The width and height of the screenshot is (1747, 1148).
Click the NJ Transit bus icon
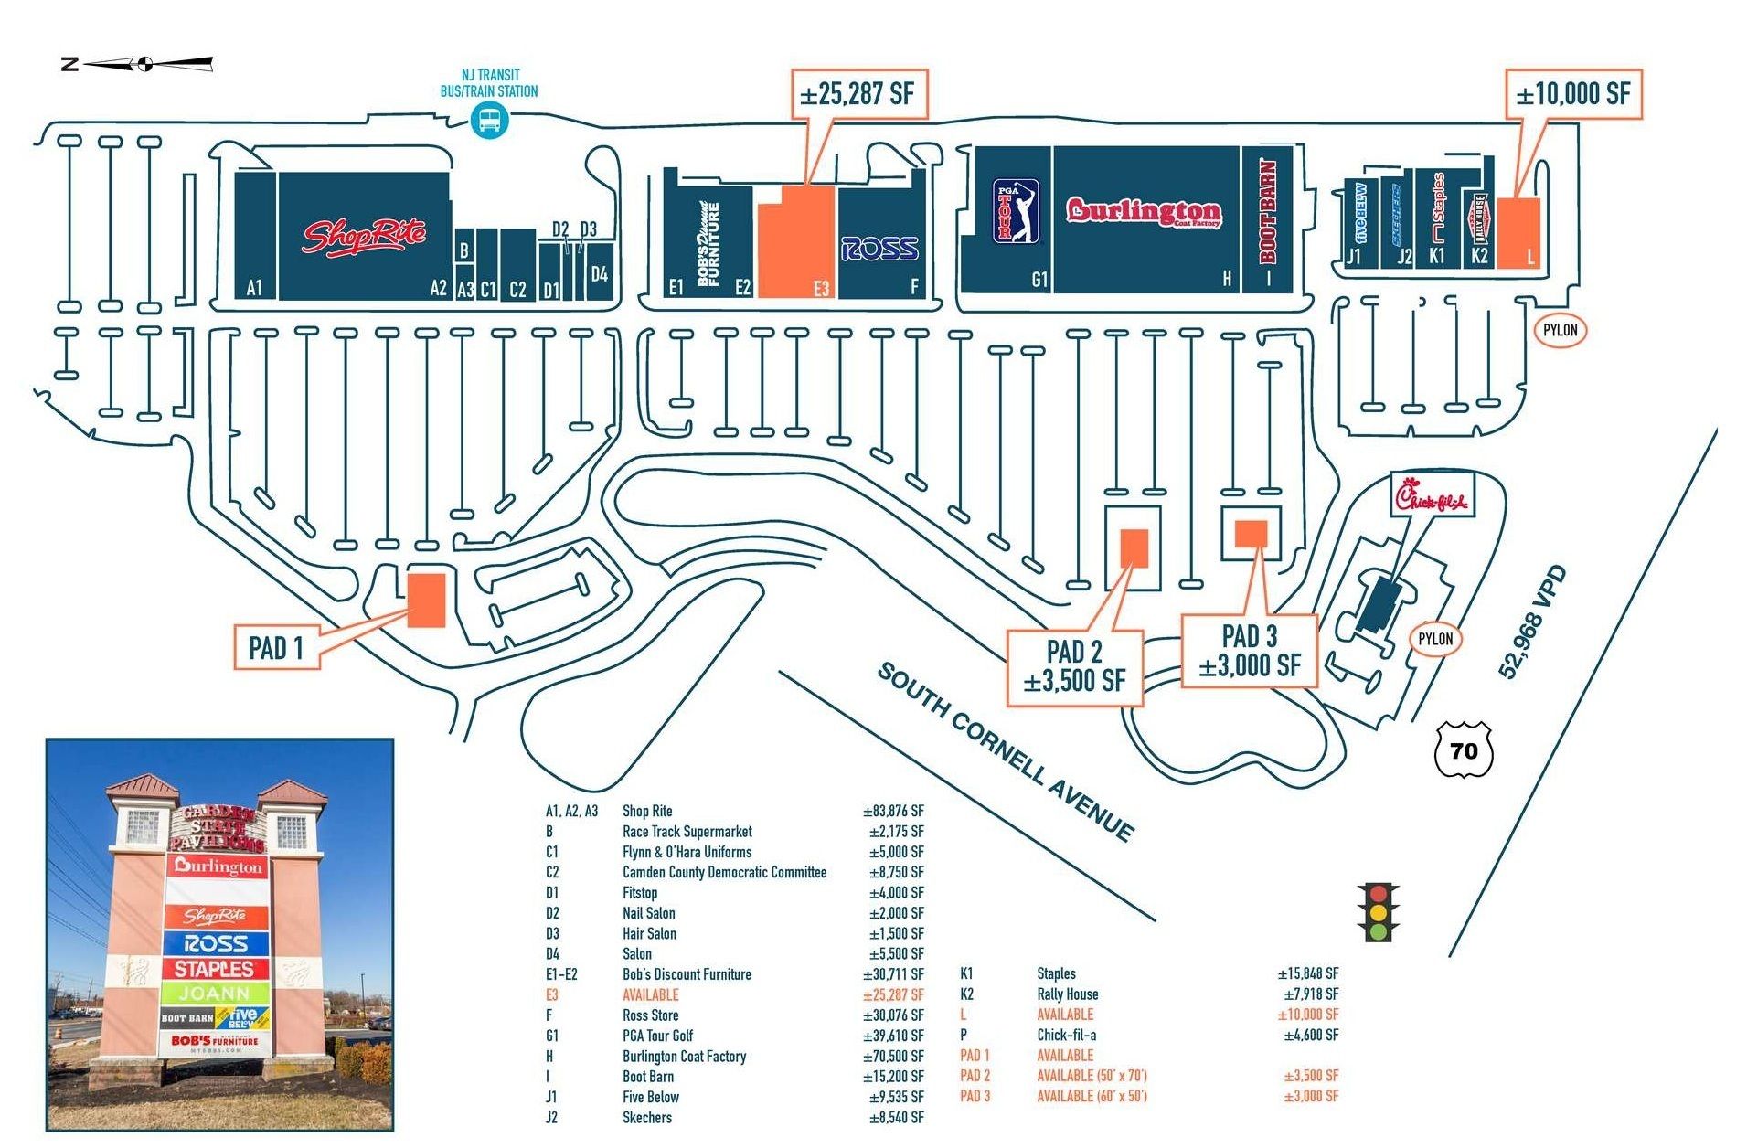[x=489, y=120]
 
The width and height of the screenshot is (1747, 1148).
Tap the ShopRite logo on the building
[x=364, y=235]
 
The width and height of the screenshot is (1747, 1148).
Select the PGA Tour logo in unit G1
[x=1017, y=210]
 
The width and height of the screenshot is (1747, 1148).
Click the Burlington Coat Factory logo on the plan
[x=1143, y=212]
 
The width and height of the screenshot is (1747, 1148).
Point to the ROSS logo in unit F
[x=879, y=248]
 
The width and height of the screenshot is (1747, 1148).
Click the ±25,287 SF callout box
[x=858, y=93]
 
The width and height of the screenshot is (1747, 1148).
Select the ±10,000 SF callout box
[x=1572, y=93]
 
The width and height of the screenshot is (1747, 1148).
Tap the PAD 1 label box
[x=276, y=647]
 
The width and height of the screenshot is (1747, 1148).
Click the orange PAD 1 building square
[x=426, y=600]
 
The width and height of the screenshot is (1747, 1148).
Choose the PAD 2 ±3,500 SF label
[x=1074, y=666]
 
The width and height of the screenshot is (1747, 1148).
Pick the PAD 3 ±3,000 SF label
[x=1249, y=650]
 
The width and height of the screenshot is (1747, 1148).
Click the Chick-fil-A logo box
[x=1432, y=496]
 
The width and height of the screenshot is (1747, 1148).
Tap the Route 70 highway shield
[x=1464, y=750]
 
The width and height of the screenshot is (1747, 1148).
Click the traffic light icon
[x=1378, y=912]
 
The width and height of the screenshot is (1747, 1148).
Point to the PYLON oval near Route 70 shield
[x=1434, y=639]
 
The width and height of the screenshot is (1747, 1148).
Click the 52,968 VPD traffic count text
[x=1532, y=622]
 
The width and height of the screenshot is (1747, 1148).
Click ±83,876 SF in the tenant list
[x=893, y=811]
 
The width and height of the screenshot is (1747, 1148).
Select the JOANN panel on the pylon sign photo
[x=215, y=993]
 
